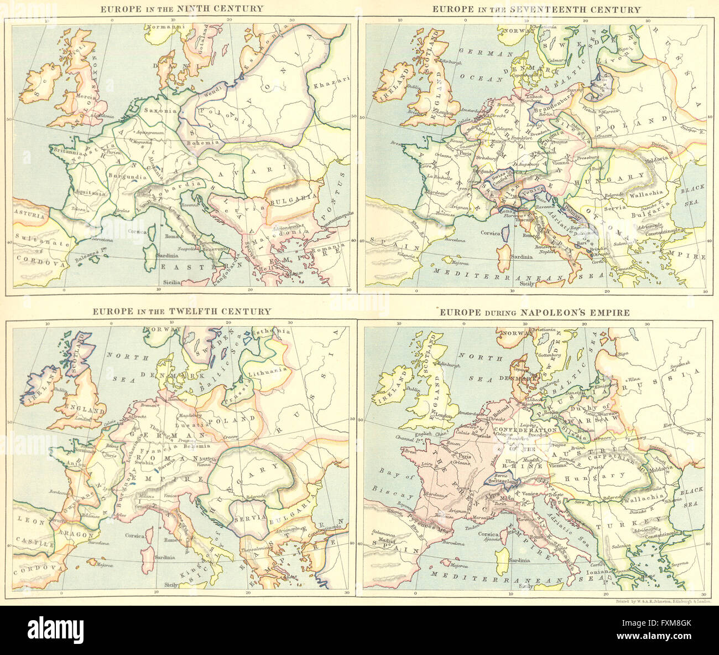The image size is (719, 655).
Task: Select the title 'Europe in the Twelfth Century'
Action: [181, 311]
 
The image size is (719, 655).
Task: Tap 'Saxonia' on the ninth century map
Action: [159, 110]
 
